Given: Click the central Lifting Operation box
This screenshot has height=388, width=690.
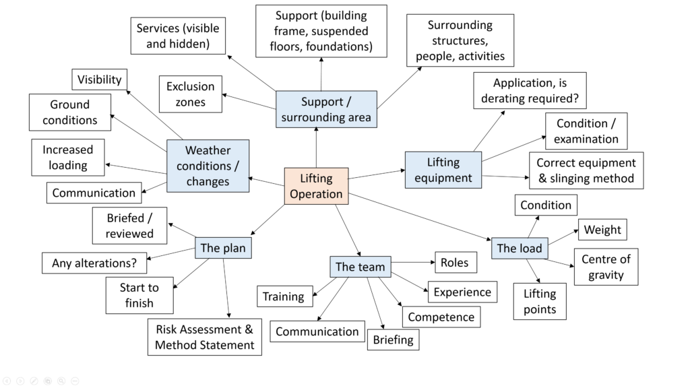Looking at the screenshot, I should coord(316,187).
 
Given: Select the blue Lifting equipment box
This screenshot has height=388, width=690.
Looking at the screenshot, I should coord(443,170).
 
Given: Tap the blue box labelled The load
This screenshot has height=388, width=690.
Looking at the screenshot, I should coord(519,248).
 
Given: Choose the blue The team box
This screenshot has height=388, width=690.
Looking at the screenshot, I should coord(360,267).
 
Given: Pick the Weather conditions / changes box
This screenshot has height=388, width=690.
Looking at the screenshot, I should coord(208,166).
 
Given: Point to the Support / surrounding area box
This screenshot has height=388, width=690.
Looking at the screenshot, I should coord(326,110).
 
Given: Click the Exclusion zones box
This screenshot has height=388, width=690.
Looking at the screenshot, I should coord(190,94).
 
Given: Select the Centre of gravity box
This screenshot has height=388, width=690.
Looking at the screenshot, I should coord(606,267).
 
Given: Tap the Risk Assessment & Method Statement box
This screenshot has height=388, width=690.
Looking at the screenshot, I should coord(205,337).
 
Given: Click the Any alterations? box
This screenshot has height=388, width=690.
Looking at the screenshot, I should coord(94,263).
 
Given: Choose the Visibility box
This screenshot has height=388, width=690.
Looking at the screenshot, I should coord(99,79).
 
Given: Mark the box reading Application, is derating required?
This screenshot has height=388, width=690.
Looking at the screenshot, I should coord(530,91).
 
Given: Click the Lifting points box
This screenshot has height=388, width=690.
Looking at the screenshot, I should coord(540,301).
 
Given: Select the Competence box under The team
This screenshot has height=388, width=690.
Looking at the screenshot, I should coord(441,317).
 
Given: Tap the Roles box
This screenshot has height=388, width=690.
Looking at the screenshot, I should coord(455,263).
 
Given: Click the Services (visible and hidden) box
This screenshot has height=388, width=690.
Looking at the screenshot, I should coord(178,36).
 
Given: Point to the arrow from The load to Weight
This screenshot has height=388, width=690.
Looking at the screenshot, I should coord(563,236).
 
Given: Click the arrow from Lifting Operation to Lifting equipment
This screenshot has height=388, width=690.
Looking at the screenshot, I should coord(377,174).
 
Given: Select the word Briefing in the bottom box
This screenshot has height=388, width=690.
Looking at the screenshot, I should coord(394,339).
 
